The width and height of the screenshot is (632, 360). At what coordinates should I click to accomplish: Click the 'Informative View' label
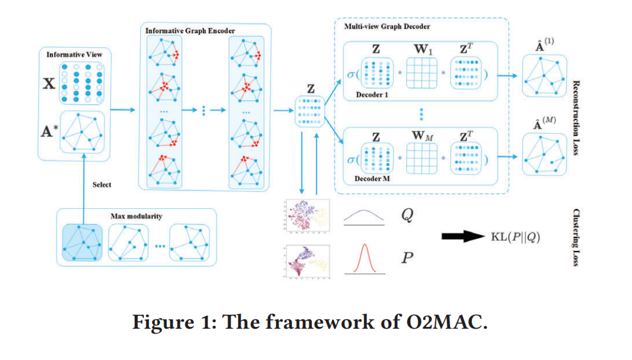pos(74,55)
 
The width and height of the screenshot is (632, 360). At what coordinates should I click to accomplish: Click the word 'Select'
pos(102,184)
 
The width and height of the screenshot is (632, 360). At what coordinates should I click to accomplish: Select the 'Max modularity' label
pos(135,216)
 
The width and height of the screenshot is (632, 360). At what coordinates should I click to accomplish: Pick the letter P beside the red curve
pos(406,259)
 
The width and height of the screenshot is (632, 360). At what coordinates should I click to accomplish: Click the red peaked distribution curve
pos(363,259)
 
